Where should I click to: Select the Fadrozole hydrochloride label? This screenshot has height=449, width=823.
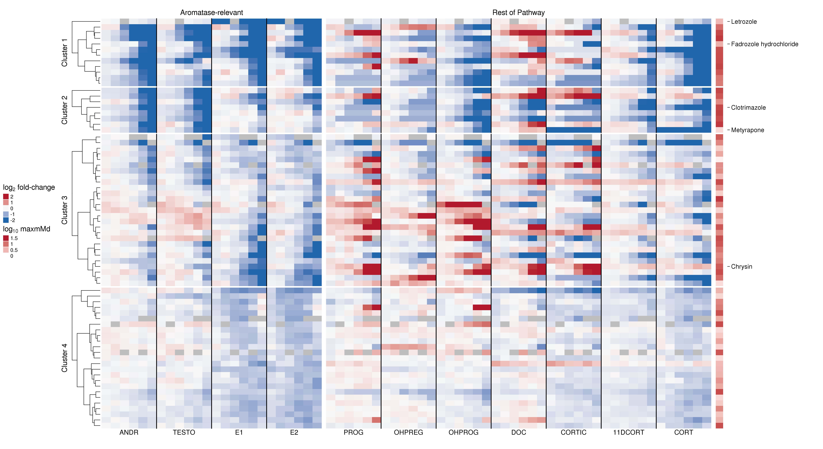tap(764, 44)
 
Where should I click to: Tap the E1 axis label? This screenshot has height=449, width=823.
tap(239, 432)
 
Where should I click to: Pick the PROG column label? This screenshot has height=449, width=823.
tap(353, 432)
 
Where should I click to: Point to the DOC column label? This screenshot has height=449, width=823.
tap(518, 432)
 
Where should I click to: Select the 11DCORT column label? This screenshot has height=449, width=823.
tap(628, 432)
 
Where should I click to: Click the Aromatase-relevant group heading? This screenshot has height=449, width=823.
tap(211, 12)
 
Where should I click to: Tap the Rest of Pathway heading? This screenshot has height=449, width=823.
tap(518, 12)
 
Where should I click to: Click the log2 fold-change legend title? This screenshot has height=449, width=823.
tap(29, 188)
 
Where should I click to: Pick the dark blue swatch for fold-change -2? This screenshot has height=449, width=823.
tap(6, 220)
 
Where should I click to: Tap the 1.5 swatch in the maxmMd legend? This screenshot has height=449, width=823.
tap(6, 238)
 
